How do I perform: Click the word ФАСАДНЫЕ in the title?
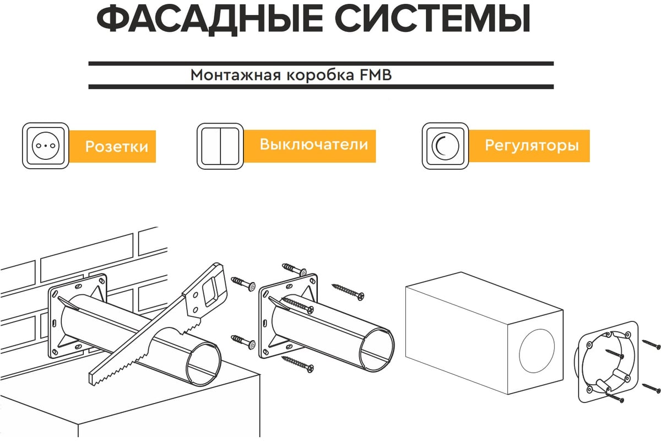coord(210,19)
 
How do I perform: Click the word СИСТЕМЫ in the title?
coord(432,18)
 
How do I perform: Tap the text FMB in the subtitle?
coord(376,75)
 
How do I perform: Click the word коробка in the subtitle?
coord(320,75)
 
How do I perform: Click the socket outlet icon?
coord(45,146)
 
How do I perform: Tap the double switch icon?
coord(220,146)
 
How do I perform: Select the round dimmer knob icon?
coord(445,146)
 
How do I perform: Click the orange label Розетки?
coord(112,146)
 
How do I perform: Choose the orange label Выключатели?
coord(310,146)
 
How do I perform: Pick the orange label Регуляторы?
coord(529,146)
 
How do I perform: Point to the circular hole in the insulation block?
coord(537,351)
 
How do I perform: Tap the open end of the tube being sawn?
coord(204,364)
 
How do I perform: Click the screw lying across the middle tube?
coord(297,305)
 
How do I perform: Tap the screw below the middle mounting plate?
coord(297,364)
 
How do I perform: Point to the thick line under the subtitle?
coord(321,87)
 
